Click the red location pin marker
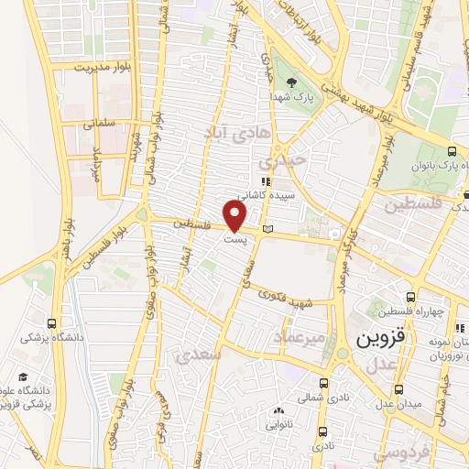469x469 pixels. pyautogui.click(x=235, y=216)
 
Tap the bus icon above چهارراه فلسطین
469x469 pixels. pyautogui.click(x=409, y=298)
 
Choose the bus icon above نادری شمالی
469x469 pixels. pyautogui.click(x=322, y=384)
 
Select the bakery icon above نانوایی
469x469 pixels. pyautogui.click(x=278, y=411)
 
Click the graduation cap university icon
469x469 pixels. pyautogui.click(x=22, y=376)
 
